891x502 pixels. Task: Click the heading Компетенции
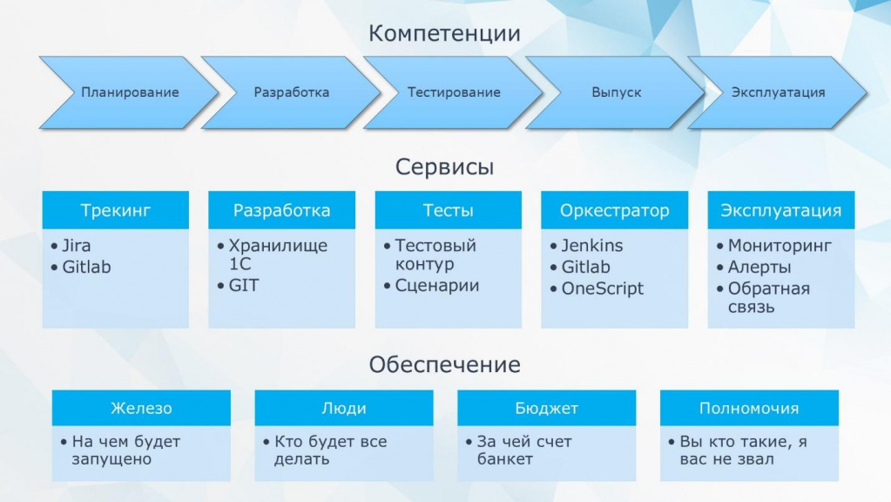[x=444, y=33]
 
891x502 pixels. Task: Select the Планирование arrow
[x=130, y=92]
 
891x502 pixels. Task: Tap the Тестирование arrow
[x=454, y=92]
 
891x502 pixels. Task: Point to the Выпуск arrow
[x=616, y=92]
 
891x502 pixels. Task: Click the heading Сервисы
[x=444, y=166]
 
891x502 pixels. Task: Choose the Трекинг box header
[x=115, y=210]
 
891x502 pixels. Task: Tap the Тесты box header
[x=449, y=210]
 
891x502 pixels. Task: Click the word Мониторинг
[x=780, y=246]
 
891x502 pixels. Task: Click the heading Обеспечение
[x=444, y=364]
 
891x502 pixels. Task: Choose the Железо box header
[x=141, y=408]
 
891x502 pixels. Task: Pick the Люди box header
[x=344, y=408]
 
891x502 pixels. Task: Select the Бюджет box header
[x=547, y=408]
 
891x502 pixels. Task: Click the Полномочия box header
[x=750, y=408]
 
